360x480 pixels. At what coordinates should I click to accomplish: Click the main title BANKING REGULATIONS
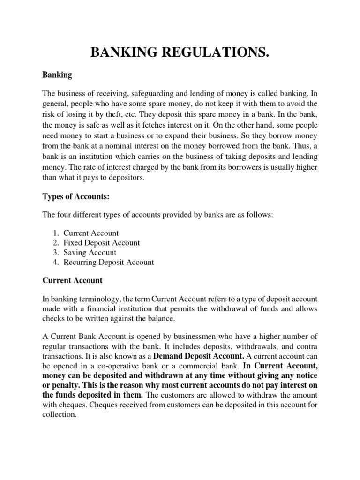coord(180,53)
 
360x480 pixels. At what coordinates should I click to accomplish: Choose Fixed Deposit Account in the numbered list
coord(101,243)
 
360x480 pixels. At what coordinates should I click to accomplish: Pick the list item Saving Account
coord(90,253)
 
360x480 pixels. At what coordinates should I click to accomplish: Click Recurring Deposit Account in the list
coord(108,262)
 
